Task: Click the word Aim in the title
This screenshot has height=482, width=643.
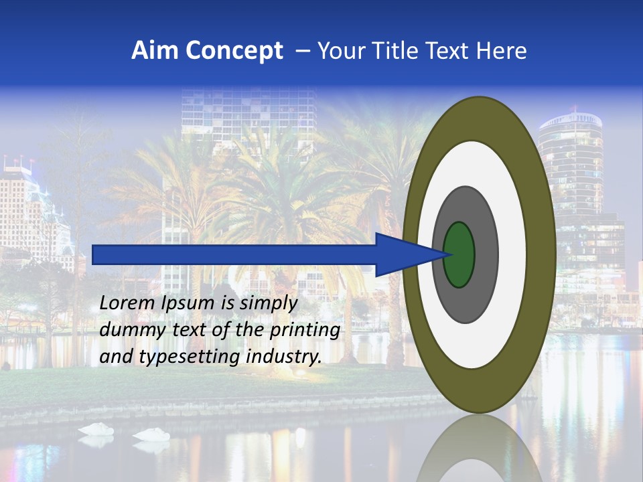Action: coord(156,50)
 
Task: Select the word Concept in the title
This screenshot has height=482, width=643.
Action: coord(234,50)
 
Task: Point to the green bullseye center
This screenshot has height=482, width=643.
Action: coord(459,254)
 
